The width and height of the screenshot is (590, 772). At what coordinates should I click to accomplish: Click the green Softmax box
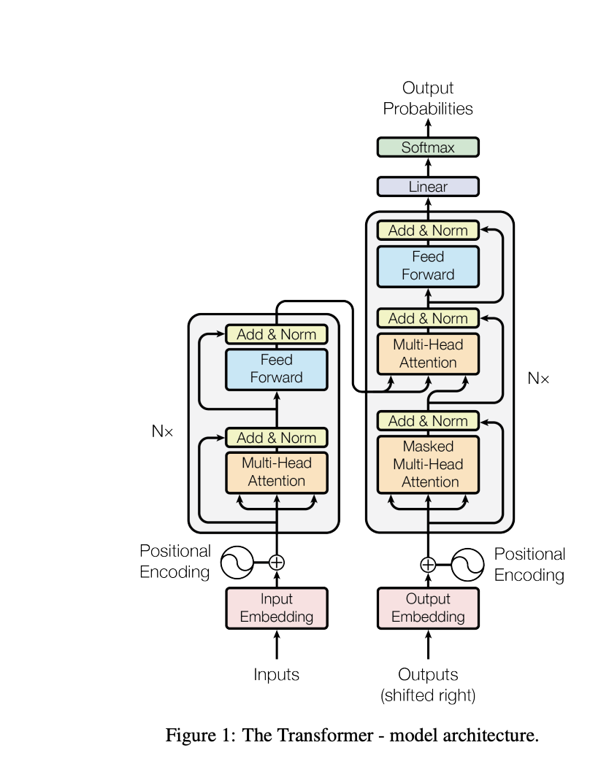(x=428, y=147)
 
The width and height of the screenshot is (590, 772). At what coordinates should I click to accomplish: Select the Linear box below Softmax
(x=428, y=187)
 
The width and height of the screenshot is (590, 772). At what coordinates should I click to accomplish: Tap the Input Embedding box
(x=276, y=608)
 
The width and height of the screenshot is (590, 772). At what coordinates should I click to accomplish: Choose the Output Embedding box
(x=428, y=608)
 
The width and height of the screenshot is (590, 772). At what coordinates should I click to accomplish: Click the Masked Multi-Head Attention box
(x=428, y=464)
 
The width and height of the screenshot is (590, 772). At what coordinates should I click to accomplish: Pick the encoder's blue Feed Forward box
(x=276, y=368)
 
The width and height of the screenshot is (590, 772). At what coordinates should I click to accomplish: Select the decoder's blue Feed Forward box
(x=428, y=266)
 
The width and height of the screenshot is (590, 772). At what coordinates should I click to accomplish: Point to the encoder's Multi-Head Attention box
(x=276, y=472)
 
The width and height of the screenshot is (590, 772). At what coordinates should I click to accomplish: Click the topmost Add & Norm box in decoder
(x=428, y=231)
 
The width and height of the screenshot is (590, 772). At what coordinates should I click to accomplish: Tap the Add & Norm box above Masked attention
(x=428, y=421)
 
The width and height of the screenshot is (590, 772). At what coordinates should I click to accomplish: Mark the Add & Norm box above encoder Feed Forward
(x=276, y=335)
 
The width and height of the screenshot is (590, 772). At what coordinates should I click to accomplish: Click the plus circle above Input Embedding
(x=276, y=563)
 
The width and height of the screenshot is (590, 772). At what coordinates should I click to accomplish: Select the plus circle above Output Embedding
(x=428, y=564)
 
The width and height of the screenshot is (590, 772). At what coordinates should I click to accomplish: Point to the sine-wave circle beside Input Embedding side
(x=236, y=563)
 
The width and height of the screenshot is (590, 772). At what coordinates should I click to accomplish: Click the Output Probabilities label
(x=428, y=99)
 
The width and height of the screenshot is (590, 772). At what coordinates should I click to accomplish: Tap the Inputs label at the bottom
(x=276, y=675)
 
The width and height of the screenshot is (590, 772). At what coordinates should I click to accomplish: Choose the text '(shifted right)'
(x=428, y=695)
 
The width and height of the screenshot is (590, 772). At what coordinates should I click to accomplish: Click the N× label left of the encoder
(x=162, y=431)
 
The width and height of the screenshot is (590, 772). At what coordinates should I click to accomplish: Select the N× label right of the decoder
(x=538, y=379)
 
